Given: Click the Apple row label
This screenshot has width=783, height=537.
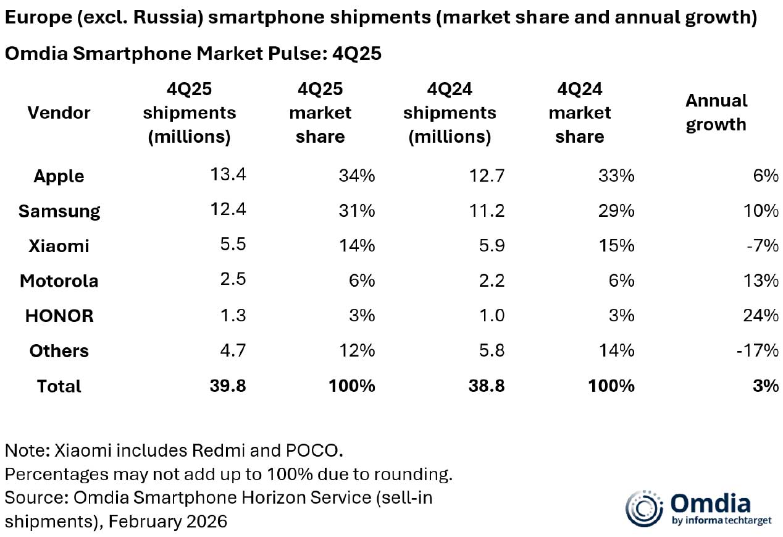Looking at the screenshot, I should click(59, 176).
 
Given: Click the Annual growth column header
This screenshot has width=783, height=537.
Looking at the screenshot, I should click(716, 112).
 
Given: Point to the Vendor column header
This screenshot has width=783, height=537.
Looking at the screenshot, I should click(59, 112).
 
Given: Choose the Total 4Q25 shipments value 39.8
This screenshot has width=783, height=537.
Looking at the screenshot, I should click(228, 386).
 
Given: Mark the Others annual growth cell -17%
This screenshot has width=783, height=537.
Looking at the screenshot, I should click(758, 351).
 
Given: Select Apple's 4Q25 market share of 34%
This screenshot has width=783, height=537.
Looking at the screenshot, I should click(356, 176).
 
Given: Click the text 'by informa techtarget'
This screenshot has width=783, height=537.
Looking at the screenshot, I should click(721, 520).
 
